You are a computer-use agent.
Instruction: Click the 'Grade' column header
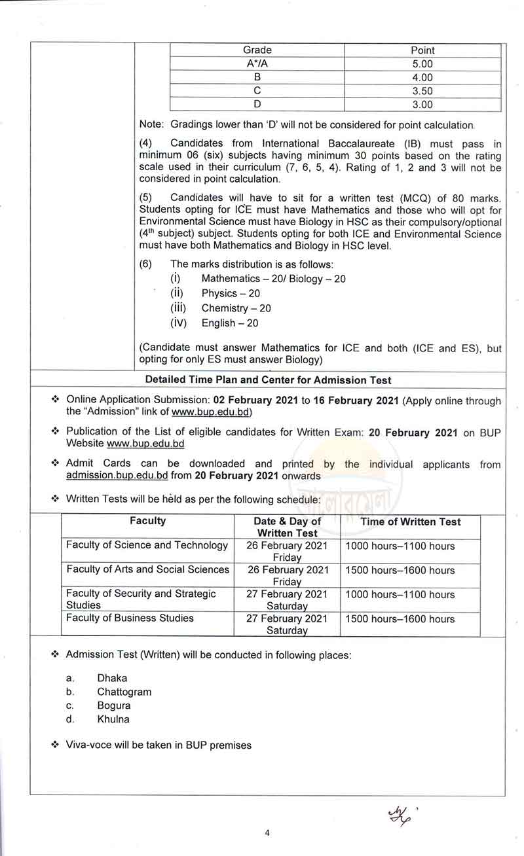click(257, 50)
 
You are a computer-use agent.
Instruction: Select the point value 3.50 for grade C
click(422, 91)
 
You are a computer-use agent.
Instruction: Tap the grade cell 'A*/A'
click(257, 64)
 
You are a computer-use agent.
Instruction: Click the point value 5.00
click(422, 64)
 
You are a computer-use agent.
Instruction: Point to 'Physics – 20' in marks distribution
click(231, 294)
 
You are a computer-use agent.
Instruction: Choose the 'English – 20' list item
click(230, 323)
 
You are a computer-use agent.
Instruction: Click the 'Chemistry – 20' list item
click(236, 308)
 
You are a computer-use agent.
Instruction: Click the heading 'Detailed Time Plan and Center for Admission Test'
click(269, 380)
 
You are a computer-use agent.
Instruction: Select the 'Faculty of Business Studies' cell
click(130, 618)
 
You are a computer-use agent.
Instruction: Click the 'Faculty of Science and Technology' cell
click(147, 545)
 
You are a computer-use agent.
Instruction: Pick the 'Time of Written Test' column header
click(410, 522)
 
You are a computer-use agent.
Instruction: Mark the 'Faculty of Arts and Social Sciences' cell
click(148, 569)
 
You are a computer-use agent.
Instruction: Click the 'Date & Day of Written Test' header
click(288, 527)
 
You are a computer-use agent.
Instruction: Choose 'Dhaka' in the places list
click(112, 678)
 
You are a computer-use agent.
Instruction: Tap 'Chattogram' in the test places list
click(124, 692)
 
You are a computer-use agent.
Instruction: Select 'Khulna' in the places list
click(113, 719)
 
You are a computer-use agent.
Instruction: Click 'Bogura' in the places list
click(114, 705)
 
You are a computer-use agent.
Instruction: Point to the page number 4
click(267, 833)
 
